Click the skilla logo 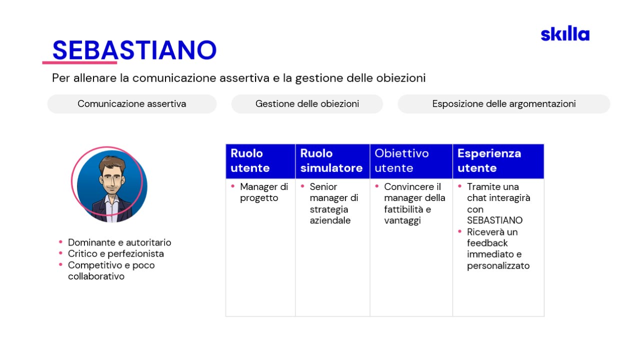tap(565, 33)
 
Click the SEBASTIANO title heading tap(134, 50)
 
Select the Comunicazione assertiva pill tap(131, 103)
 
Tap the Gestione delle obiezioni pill tap(307, 103)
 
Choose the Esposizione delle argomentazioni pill tap(503, 103)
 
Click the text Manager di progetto tap(263, 192)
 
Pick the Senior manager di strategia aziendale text tap(333, 203)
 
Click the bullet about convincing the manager tap(414, 203)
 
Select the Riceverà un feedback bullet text tap(498, 249)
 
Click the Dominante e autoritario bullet tap(119, 242)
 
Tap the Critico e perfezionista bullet tap(115, 253)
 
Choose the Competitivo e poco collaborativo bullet tap(111, 270)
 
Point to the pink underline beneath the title tap(79, 62)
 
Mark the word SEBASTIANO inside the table tap(494, 220)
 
